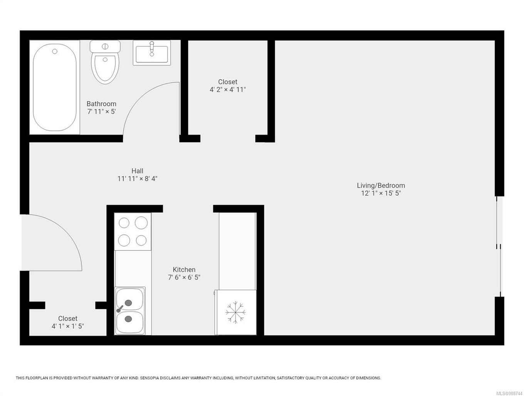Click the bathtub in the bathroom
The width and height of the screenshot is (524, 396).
[54, 88]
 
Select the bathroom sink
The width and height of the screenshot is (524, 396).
[152, 53]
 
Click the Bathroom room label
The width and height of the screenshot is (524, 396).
[101, 104]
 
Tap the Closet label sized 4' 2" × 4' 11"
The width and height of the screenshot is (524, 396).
[228, 82]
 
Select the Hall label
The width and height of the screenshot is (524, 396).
[137, 171]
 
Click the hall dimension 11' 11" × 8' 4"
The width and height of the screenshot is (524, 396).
[137, 179]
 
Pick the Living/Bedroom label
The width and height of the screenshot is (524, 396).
[381, 185]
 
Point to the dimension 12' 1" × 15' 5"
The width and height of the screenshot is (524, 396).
[381, 193]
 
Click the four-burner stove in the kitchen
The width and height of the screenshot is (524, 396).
[133, 231]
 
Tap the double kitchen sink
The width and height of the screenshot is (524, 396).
[130, 311]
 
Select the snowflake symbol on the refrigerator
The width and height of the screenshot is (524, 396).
[235, 312]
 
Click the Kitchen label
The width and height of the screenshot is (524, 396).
[184, 269]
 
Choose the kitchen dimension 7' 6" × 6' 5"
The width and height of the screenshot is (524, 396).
[184, 278]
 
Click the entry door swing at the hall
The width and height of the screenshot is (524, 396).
[54, 241]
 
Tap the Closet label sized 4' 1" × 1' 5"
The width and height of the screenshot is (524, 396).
[68, 318]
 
